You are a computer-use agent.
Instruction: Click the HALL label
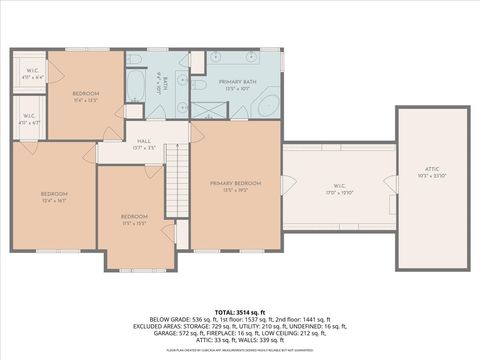[x=143, y=143]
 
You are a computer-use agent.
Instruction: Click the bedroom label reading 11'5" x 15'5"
[x=134, y=220]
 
